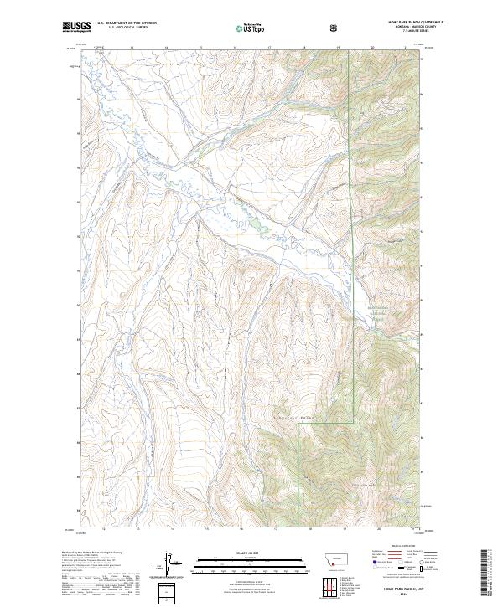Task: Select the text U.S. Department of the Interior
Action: pyautogui.click(x=126, y=24)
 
